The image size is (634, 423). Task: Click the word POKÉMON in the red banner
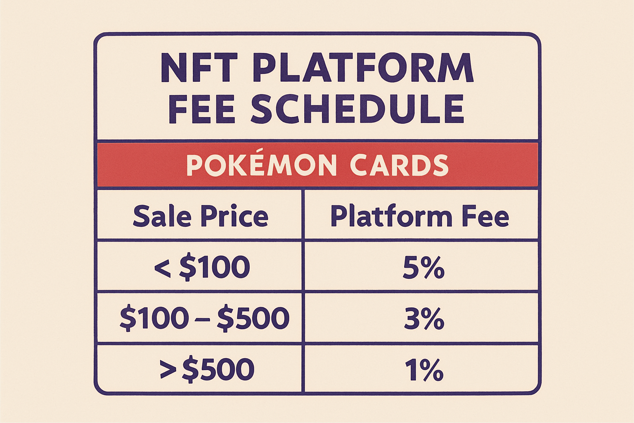pyautogui.click(x=261, y=165)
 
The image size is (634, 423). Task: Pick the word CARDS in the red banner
pyautogui.click(x=399, y=165)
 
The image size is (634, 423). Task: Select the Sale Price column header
pyautogui.click(x=201, y=216)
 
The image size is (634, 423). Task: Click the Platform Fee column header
pyautogui.click(x=419, y=216)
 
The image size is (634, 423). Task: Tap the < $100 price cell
pyautogui.click(x=202, y=267)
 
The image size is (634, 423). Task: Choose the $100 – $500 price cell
pyautogui.click(x=204, y=318)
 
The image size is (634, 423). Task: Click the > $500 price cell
pyautogui.click(x=207, y=369)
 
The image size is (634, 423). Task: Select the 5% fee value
pyautogui.click(x=423, y=268)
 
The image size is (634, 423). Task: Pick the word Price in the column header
pyautogui.click(x=234, y=216)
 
